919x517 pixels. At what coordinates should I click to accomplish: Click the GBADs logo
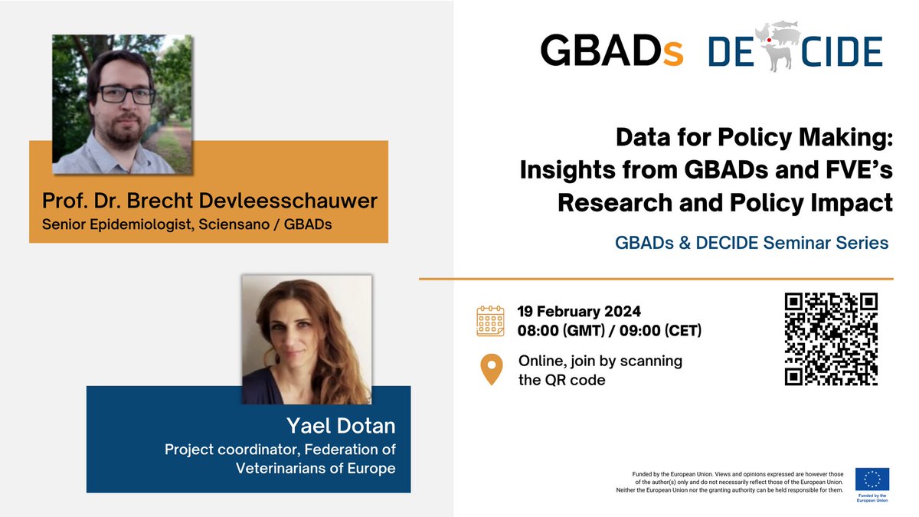611,51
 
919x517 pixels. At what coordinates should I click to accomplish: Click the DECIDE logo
795,51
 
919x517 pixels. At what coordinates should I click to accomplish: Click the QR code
831,339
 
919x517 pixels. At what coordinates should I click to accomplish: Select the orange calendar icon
490,321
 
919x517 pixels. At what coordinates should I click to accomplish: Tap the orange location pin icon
491,370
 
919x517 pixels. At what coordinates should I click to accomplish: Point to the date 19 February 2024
579,312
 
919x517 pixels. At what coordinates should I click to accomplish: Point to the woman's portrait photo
306,339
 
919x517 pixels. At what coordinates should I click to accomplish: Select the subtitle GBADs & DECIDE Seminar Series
751,243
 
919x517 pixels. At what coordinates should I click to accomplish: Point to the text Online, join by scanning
600,361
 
